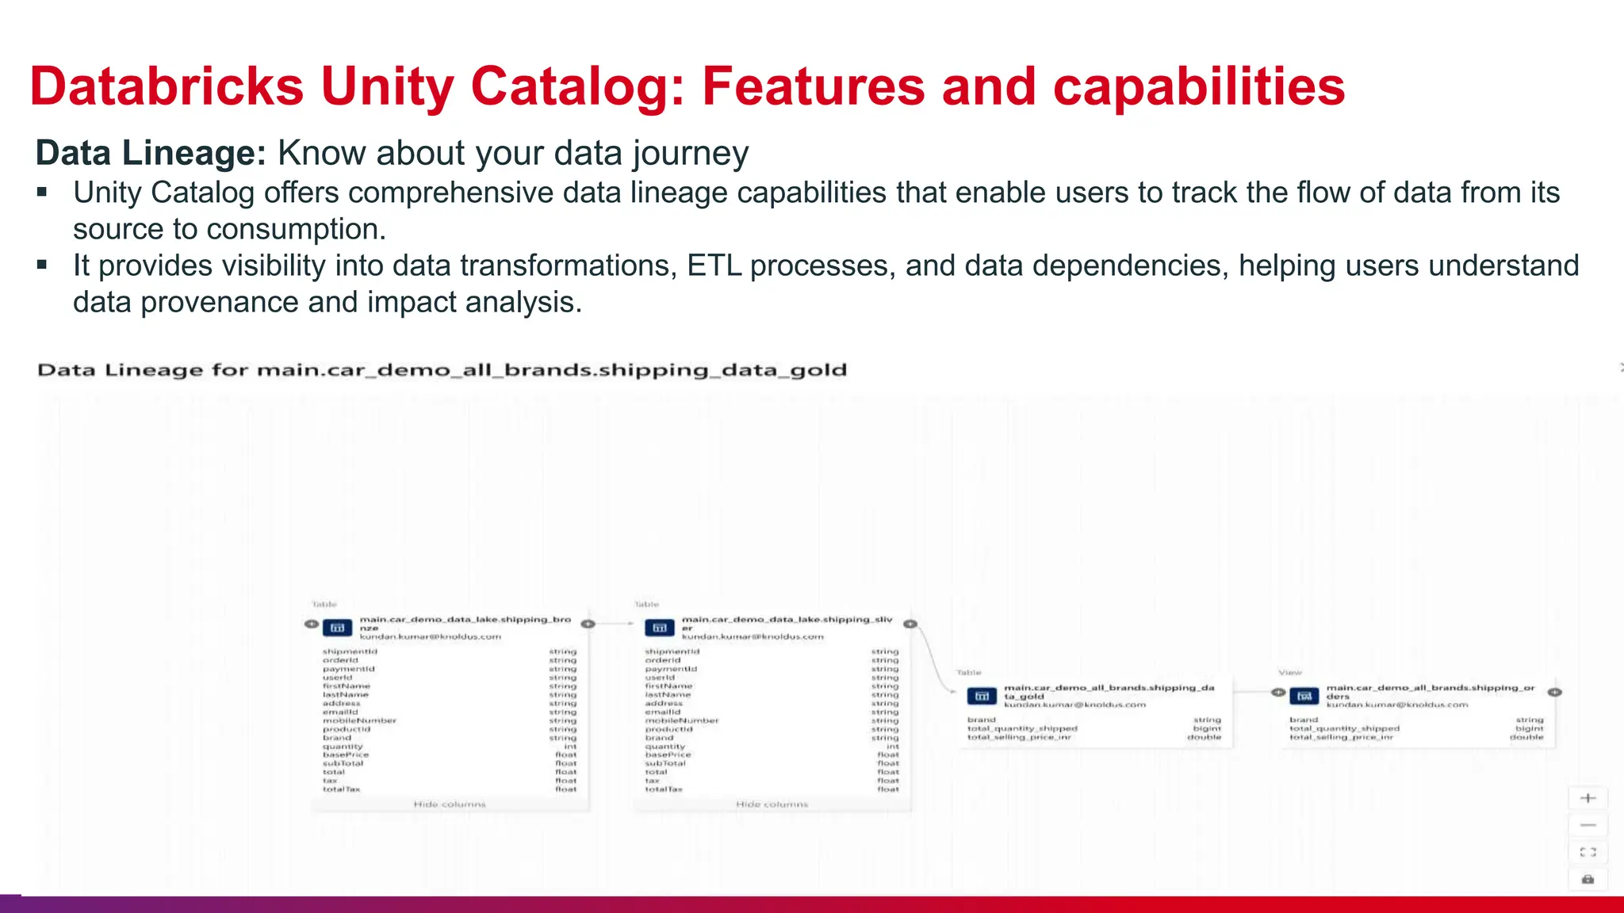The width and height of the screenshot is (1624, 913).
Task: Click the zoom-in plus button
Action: coord(1588,798)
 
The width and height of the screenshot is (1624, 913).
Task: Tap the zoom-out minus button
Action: coord(1588,825)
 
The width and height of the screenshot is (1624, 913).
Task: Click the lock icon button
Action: coord(1588,879)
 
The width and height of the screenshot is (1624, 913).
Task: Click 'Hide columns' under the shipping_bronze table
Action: coord(450,804)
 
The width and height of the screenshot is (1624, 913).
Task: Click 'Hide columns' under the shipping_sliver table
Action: coord(772,804)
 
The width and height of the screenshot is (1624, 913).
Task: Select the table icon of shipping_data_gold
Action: coord(982,696)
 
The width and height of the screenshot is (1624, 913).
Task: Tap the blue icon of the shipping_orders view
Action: coord(1304,696)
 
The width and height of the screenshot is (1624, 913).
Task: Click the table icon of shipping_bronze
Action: coord(337,628)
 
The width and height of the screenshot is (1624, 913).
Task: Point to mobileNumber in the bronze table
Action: coord(359,720)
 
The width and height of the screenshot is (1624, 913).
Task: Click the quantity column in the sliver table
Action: coord(665,747)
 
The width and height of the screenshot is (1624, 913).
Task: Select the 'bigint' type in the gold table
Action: coord(1207,728)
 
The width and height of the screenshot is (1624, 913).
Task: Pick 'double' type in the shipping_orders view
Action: coord(1526,737)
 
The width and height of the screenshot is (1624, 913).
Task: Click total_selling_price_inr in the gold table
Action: coord(1019,737)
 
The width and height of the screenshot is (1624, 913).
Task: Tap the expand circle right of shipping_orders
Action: coord(1555,692)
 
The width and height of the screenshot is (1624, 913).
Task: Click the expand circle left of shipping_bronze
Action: coord(311,624)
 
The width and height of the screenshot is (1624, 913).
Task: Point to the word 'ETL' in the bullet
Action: coord(714,265)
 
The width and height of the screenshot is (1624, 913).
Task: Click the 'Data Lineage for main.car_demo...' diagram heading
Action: coord(442,370)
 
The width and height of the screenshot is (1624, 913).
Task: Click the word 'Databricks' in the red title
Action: coord(167,86)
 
